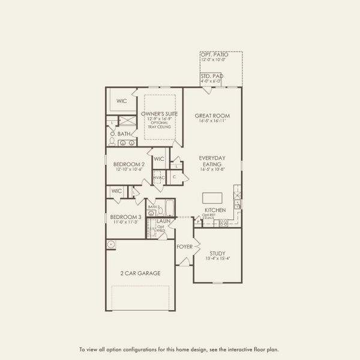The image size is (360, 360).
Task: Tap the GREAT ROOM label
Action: click(212, 115)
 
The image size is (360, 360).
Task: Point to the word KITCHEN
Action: click(215, 210)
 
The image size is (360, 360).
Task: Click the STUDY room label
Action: click(217, 253)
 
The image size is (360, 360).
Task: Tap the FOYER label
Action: click(184, 246)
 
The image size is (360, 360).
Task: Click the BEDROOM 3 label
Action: click(125, 217)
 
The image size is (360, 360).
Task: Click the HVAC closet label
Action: click(158, 178)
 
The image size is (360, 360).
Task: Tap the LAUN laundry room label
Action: click(161, 221)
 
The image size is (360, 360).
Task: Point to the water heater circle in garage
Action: click(112, 244)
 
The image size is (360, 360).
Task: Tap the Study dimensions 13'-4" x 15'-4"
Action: click(217, 259)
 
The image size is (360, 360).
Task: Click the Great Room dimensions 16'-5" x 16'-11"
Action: click(212, 121)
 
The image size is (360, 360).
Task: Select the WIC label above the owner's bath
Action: click(122, 101)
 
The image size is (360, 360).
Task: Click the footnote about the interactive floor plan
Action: click(179, 349)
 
